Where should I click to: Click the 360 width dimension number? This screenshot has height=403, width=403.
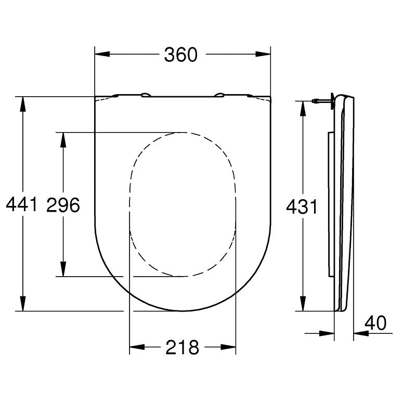tap(181, 55)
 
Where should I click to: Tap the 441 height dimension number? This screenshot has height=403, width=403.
tap(22, 204)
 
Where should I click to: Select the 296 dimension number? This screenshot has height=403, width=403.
tap(63, 205)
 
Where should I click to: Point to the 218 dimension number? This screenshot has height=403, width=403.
tap(182, 347)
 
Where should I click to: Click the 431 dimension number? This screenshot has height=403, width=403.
tap(302, 207)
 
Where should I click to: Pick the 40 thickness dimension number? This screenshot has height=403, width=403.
tap(375, 323)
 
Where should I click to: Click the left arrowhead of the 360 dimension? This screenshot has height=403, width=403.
tap(102, 54)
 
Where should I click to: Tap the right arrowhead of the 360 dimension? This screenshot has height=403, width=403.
tap(263, 54)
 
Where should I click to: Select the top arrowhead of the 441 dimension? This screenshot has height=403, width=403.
tap(23, 104)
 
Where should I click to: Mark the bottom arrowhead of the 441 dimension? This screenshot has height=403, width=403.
tap(23, 304)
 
